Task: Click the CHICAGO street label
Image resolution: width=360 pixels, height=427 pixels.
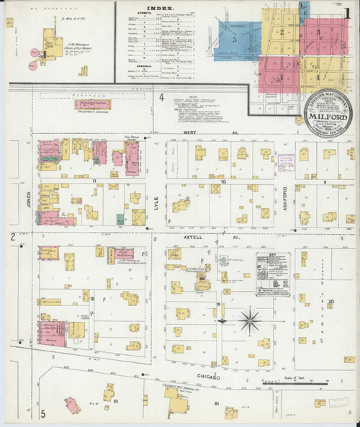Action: click(x=208, y=377)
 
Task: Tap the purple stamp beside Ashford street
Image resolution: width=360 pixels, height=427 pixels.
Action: click(x=287, y=160)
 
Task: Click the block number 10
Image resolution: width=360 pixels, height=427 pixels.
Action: click(x=224, y=184)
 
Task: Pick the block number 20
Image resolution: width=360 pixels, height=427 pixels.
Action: click(x=331, y=301)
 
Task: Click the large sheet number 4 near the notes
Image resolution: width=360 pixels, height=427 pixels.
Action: click(x=162, y=97)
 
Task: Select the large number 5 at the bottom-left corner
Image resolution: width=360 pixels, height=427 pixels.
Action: click(x=42, y=413)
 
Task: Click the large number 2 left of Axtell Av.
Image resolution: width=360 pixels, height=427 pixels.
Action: click(x=12, y=237)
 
